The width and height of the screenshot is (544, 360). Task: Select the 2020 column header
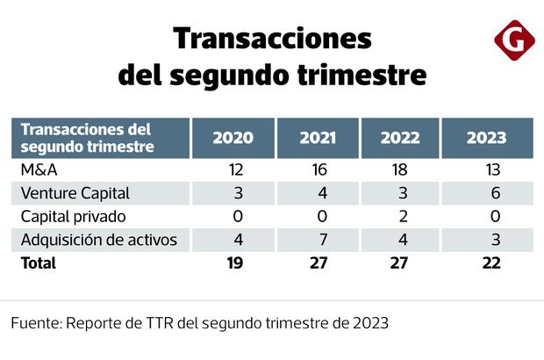[233, 138]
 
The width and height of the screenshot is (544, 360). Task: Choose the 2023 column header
[486, 138]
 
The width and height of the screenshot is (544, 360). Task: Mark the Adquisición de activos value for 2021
[319, 239]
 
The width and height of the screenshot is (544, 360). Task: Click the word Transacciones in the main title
[272, 39]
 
